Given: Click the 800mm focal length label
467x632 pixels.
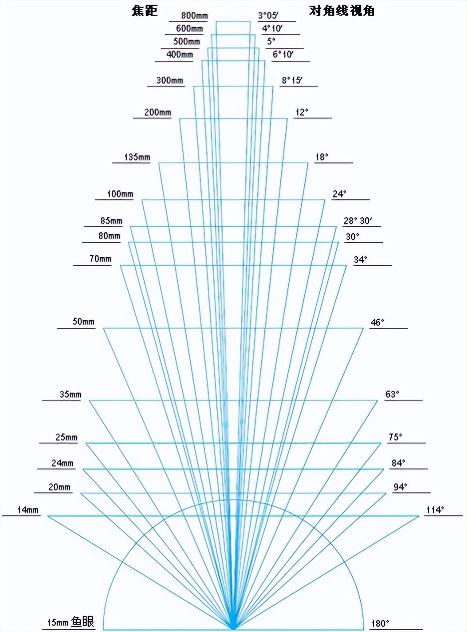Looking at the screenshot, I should tap(188, 15).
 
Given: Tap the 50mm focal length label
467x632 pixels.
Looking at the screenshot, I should tap(83, 322).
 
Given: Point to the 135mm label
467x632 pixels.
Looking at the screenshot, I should tap(138, 158).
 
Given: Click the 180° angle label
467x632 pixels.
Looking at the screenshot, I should tap(380, 623).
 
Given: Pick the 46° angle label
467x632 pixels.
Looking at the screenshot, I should tap(377, 322).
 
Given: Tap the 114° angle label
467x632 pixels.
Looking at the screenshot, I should tap(435, 510).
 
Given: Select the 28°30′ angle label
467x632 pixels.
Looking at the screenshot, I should tap(359, 221).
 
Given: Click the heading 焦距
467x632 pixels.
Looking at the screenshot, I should tap(141, 11).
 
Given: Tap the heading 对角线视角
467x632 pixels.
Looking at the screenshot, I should tap(342, 11).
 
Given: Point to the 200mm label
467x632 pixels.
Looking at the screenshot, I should tap(157, 112).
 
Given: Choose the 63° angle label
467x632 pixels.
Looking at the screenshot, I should tap(393, 394).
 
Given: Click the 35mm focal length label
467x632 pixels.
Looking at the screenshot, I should tap(70, 394).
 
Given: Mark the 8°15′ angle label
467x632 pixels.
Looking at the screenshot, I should tap(292, 80).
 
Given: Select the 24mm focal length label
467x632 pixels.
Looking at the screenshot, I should tap(62, 463).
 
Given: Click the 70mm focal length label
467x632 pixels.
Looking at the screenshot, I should tap(100, 259).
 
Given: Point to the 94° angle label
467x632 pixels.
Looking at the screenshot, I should tap(400, 487).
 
